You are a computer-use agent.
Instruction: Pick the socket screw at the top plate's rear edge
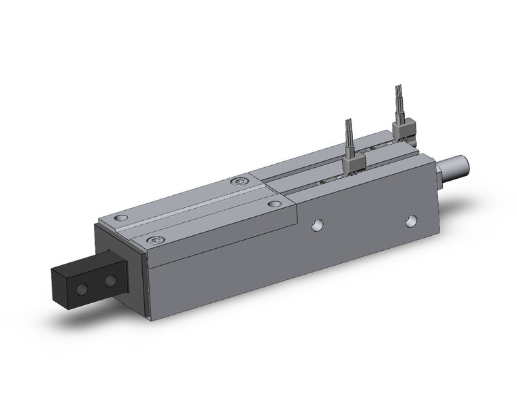[237, 181]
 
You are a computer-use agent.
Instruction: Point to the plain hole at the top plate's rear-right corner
[274, 203]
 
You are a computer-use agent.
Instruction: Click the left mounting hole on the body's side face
[318, 226]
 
